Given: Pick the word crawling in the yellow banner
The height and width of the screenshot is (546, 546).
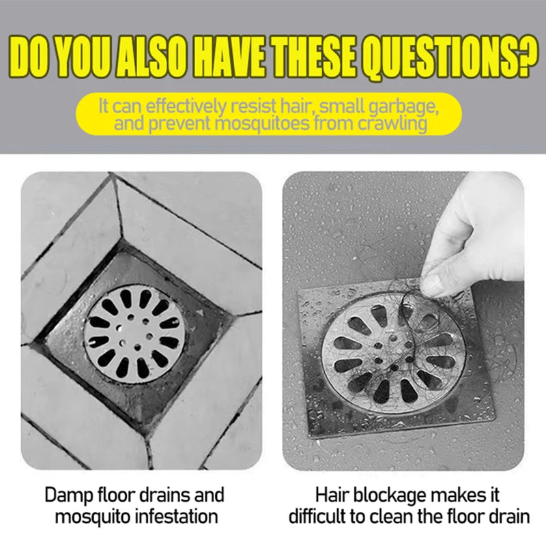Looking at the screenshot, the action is click(x=392, y=124).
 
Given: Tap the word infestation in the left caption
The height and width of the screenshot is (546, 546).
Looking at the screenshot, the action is click(x=177, y=517).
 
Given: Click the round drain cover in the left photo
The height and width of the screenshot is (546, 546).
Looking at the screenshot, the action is click(x=134, y=334).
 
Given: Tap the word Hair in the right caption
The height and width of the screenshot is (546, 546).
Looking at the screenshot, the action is click(x=332, y=495).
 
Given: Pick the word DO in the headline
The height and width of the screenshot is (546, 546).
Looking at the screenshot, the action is click(x=31, y=56).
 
